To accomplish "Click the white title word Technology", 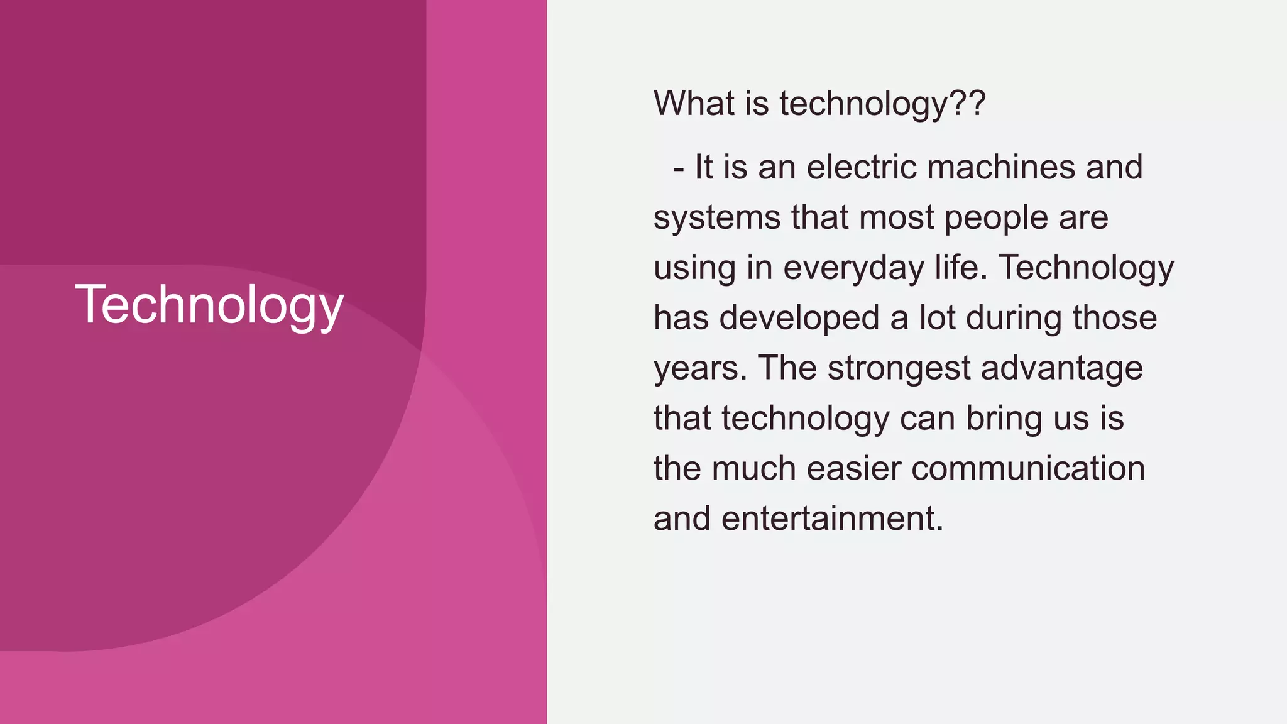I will click(x=209, y=305).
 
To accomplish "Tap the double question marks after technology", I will click(x=968, y=103).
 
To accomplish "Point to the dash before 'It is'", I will click(x=678, y=168).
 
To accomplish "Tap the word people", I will click(x=996, y=219).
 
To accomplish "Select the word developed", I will click(x=799, y=318).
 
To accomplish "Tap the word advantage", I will click(x=1061, y=369).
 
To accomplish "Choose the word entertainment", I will click(x=832, y=519).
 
